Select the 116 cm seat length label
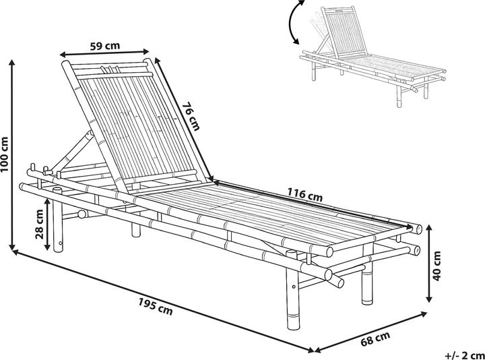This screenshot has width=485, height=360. coord(305,195)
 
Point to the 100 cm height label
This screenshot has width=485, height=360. coord(5,155)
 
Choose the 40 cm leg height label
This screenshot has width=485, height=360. coord(438,265)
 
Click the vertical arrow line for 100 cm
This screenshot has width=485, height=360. coord(13,155)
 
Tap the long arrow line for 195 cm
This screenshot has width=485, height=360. coord(162,301)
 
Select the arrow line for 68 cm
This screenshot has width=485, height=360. coord(370,331)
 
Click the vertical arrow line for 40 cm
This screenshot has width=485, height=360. coord(429,265)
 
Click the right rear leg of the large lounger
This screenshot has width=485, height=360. coord(368,283)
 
